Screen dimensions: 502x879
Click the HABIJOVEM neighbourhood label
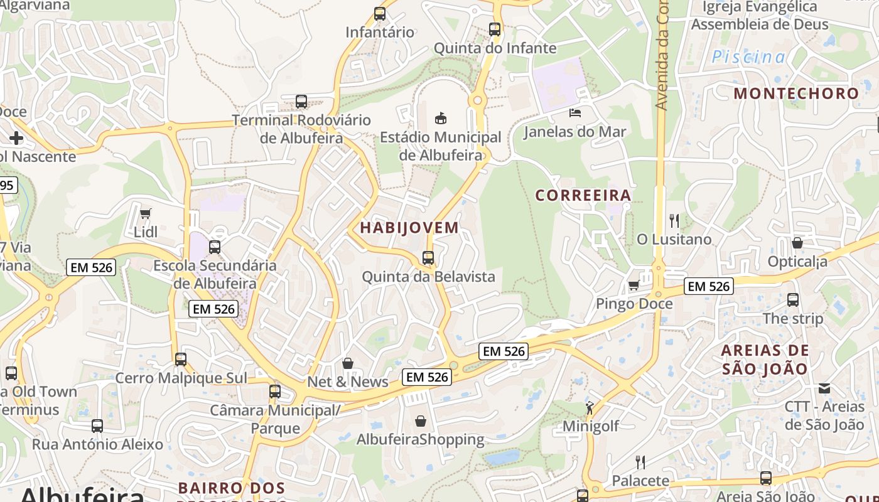coord(409,227)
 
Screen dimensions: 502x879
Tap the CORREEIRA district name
coord(583,195)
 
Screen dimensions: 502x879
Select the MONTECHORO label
coord(796,93)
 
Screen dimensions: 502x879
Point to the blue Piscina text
coord(748,57)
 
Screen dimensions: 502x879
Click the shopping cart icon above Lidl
coord(145,213)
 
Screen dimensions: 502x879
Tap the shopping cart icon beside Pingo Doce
coord(634,286)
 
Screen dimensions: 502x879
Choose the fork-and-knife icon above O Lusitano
coord(674,220)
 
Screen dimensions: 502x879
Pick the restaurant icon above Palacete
coord(640,462)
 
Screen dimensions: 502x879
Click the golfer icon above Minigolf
coord(590,409)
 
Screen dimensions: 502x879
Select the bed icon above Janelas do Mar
coord(575,113)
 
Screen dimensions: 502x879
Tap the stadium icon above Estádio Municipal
coord(441,118)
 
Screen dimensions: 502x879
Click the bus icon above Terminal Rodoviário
coord(301,101)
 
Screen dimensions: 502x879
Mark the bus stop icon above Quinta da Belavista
coord(428,258)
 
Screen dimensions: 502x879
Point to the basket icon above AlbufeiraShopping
coord(421,421)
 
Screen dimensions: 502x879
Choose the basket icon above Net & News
coord(348,363)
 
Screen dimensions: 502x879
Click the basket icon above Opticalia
coord(797,243)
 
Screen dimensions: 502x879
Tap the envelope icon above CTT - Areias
coord(824,388)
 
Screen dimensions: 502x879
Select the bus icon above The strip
coord(793,300)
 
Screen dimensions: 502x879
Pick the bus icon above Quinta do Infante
coord(495,29)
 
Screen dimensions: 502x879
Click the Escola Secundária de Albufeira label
coord(215,274)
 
